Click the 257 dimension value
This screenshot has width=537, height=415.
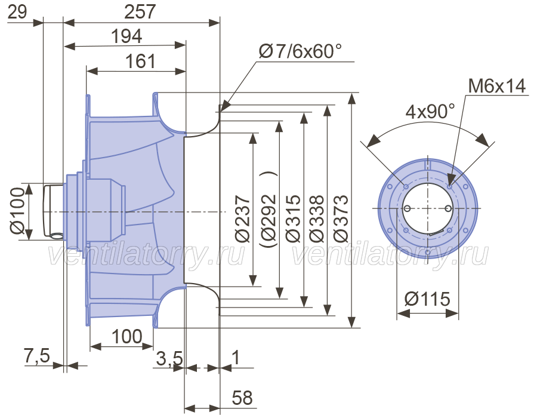(140, 12)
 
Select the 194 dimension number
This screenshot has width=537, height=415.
(126, 36)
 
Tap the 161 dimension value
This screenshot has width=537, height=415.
(140, 62)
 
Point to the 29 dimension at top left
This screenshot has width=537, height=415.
(17, 13)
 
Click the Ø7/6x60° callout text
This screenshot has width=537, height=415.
(300, 51)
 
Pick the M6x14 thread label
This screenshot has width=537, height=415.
(496, 86)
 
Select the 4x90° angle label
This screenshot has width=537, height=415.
(430, 112)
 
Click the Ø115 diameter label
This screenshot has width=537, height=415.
(427, 299)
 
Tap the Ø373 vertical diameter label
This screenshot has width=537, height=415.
(341, 219)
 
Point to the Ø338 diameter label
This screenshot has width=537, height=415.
(316, 219)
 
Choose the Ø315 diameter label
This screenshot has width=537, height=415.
(293, 219)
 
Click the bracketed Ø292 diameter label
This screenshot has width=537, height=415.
(268, 209)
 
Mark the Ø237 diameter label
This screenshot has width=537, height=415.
(242, 219)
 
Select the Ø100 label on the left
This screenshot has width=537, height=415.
(17, 210)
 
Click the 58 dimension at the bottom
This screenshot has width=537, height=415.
(242, 398)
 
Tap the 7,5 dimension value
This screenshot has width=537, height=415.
(36, 355)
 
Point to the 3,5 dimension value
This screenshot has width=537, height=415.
(169, 359)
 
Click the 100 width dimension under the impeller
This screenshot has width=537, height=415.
(126, 336)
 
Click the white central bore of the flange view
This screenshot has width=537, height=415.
(428, 208)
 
